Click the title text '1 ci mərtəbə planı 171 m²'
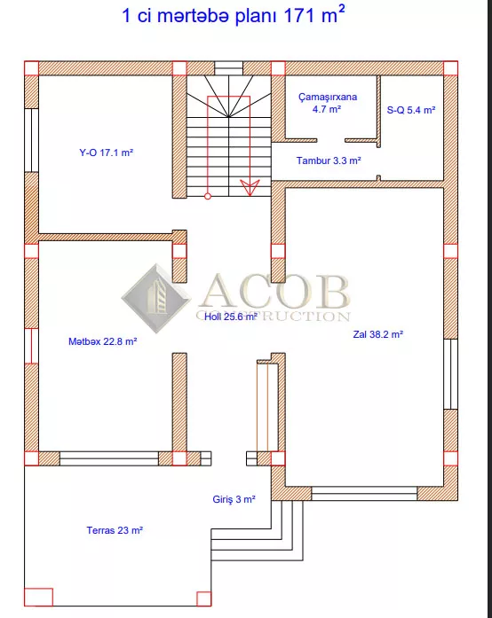coord(234,16)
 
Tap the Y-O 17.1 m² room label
coord(107,153)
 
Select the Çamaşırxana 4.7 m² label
coord(328,103)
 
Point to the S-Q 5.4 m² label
coord(411,110)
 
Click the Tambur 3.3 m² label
coord(329,160)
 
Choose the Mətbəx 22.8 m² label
coord(103,341)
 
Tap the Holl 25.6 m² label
coord(231,317)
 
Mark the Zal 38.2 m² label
coord(378,334)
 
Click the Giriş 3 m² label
coord(234,499)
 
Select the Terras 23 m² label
coord(115,530)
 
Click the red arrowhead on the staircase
coord(250,188)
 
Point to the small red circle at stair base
coord(208,196)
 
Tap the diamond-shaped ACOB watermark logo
coord(156,298)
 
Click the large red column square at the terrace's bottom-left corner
coord(39,597)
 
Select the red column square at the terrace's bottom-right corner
coord(203,598)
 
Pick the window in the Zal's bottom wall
coord(364,494)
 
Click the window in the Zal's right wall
coord(450,373)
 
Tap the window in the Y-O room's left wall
coord(32,140)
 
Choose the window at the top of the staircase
coord(228,68)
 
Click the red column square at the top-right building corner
coord(450,68)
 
